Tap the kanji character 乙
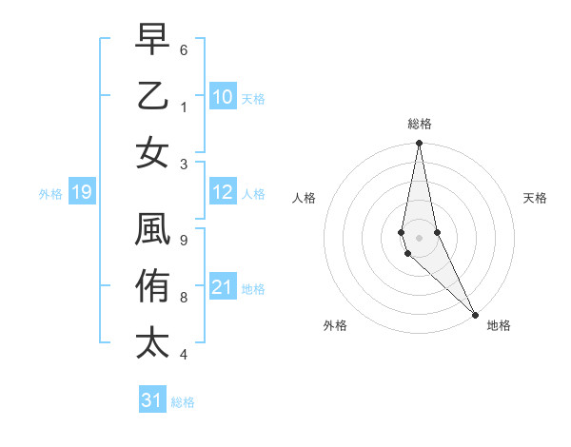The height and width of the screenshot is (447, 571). tap(152, 96)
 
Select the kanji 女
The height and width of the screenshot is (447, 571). tap(152, 153)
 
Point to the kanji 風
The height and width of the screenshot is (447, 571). tap(152, 229)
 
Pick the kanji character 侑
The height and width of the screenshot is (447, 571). tap(152, 286)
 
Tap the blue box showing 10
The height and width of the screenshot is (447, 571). tap(222, 97)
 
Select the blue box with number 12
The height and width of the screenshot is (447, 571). tap(222, 193)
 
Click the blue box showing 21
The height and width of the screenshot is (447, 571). tap(222, 288)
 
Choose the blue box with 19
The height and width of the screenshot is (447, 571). tap(81, 193)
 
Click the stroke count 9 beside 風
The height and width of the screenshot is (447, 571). tap(184, 240)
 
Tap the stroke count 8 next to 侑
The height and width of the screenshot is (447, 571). tap(184, 297)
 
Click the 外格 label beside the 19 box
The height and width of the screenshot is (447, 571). tap(49, 194)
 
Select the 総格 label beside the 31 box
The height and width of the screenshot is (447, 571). tap(183, 402)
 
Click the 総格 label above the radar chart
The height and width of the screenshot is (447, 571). tap(419, 124)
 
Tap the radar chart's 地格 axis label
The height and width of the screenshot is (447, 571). tap(499, 325)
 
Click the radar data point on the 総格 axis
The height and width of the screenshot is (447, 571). tap(419, 144)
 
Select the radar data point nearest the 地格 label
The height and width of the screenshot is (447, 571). tap(474, 313)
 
